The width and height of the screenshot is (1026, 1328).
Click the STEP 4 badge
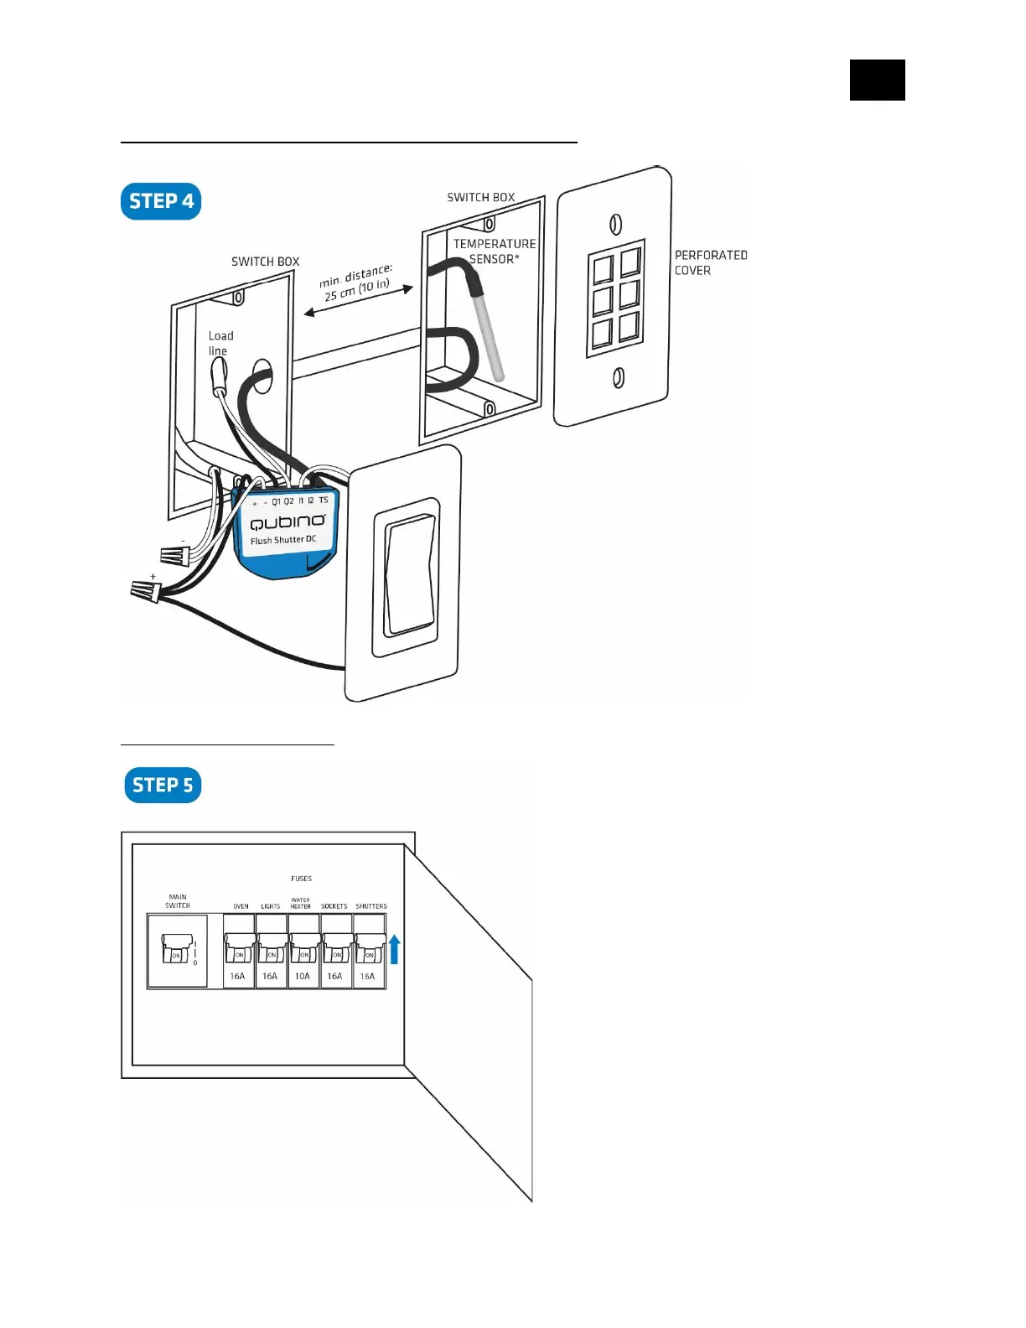coord(161,201)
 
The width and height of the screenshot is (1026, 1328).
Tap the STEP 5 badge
coord(163,786)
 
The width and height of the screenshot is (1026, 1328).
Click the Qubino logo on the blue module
coord(288,521)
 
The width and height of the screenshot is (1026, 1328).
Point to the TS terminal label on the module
coord(324,501)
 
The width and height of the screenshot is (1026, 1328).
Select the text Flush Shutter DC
coord(283,540)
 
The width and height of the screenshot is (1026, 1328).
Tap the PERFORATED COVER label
coord(710,262)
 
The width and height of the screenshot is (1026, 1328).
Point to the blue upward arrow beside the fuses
coord(395,950)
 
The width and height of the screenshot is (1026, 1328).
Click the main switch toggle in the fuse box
coord(176,950)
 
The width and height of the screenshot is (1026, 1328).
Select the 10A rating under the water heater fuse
coord(302,976)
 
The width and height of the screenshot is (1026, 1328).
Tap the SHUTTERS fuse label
coord(371,906)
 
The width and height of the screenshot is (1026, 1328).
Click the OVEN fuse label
coord(241,906)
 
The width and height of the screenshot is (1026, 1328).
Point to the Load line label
coord(220,343)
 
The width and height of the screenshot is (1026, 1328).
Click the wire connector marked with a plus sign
coord(144,591)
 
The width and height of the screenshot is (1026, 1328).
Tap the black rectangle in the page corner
coord(877,80)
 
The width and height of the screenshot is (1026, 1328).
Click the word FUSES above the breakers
coord(301,879)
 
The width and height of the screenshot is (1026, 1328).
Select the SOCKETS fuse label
coord(334,906)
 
